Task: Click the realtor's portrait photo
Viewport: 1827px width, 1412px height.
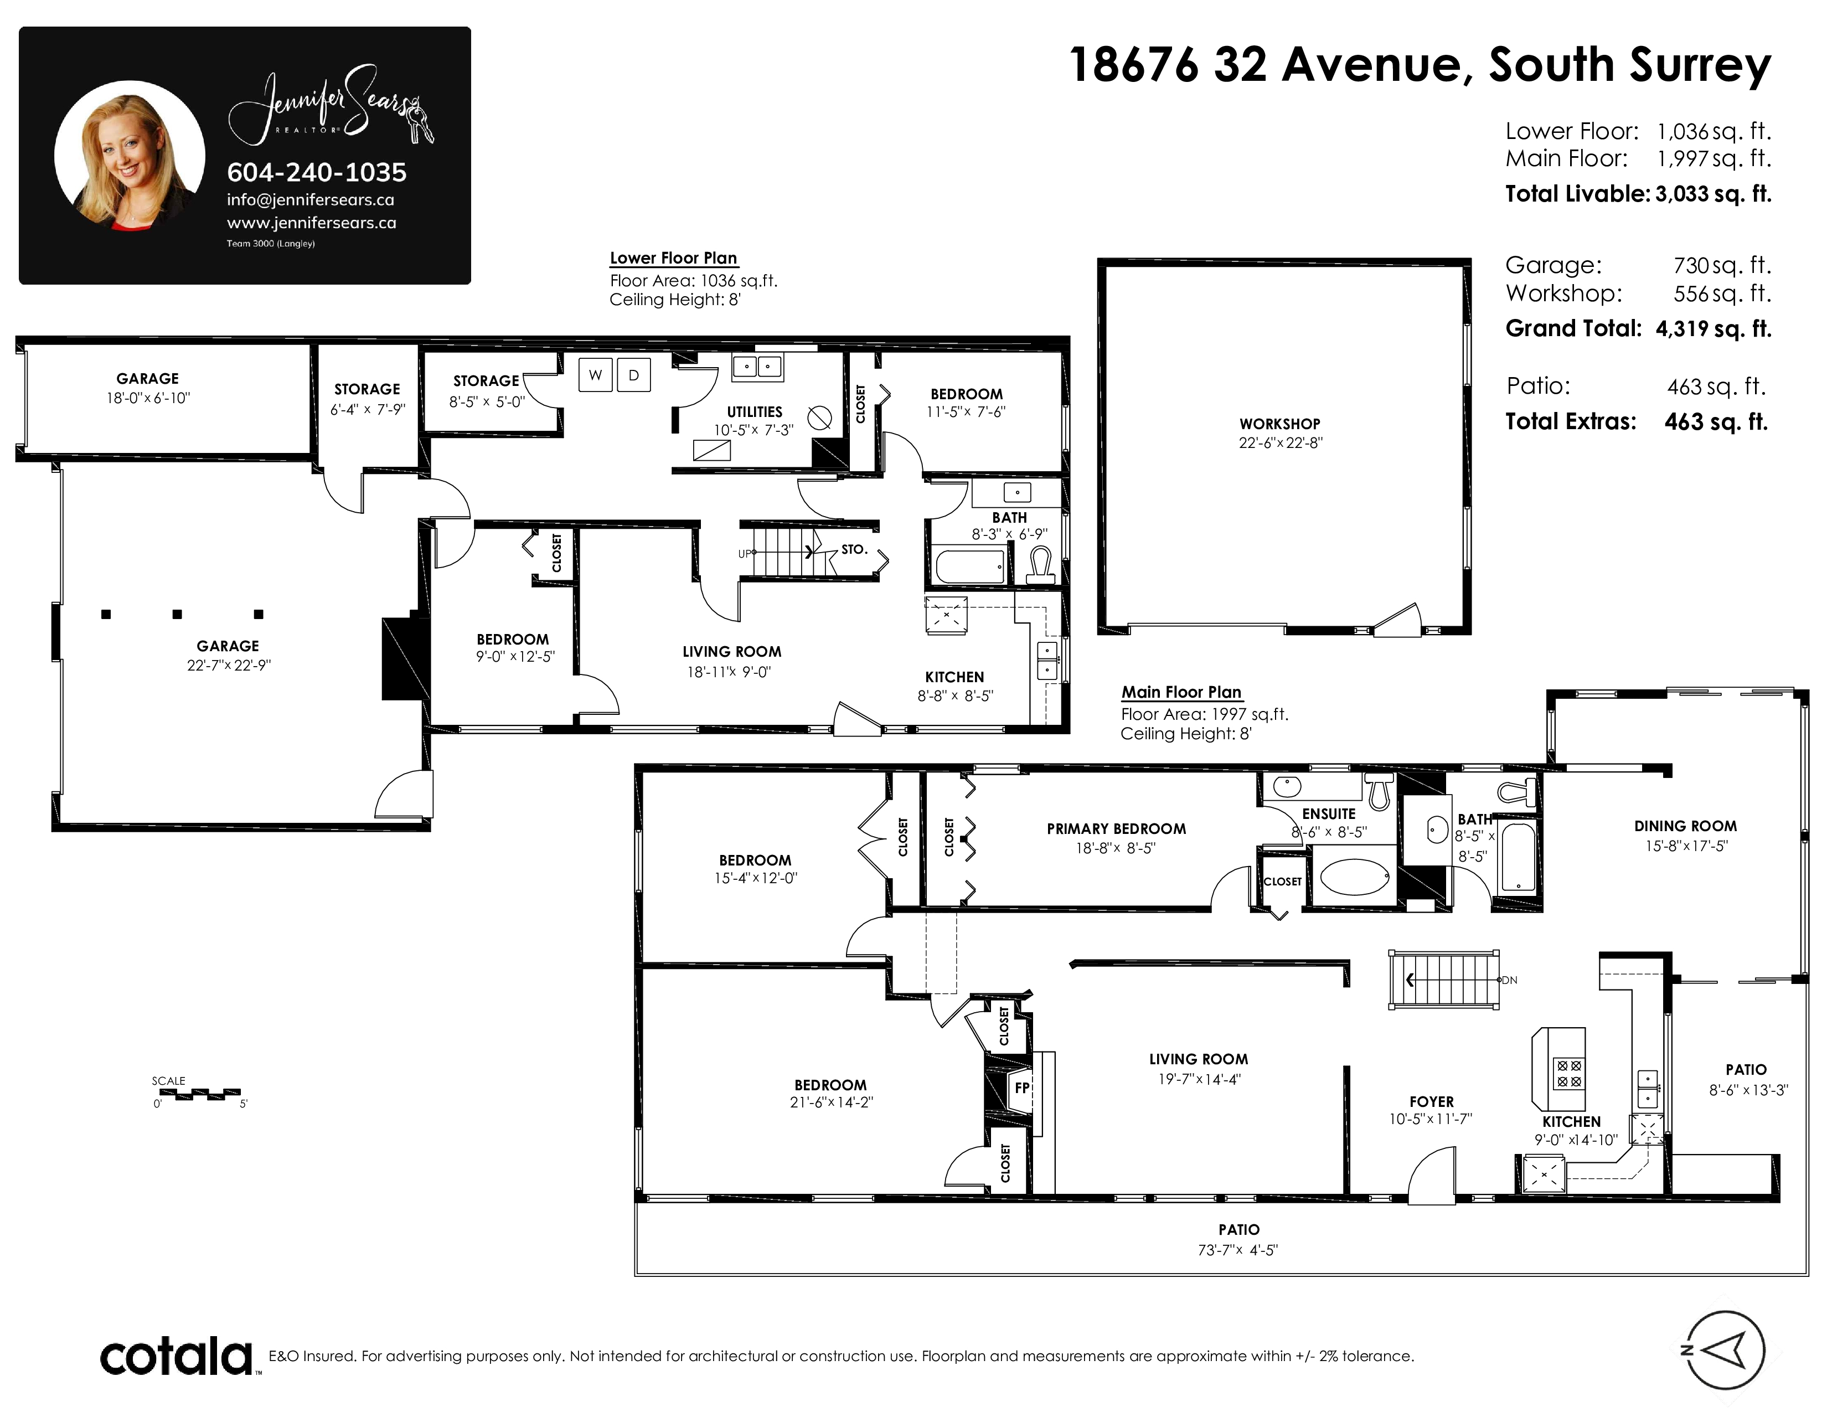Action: pos(130,156)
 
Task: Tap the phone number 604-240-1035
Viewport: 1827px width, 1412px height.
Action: pos(317,172)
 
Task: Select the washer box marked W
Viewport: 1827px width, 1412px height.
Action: pos(596,375)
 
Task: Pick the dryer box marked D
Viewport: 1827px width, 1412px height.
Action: pos(634,375)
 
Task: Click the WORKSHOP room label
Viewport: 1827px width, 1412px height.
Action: pos(1280,424)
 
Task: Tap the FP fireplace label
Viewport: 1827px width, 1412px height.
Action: pos(1021,1088)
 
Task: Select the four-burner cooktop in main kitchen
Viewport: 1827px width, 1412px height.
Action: pos(1568,1073)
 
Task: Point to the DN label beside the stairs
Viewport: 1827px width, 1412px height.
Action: pos(1509,980)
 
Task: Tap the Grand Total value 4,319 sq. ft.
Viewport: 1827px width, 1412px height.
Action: pos(1714,329)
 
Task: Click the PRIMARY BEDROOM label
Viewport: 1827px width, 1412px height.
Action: pos(1116,829)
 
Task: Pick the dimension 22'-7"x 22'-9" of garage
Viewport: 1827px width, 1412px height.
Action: pos(228,666)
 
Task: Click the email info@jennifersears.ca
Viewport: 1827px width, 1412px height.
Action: pos(311,200)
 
